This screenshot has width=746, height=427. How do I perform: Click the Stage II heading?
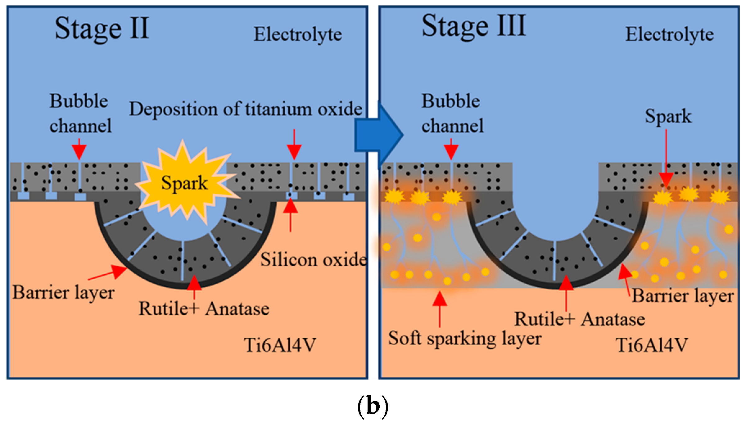click(x=102, y=29)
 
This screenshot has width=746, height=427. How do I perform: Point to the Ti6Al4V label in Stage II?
click(x=280, y=345)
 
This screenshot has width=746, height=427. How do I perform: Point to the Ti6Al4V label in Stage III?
click(x=652, y=345)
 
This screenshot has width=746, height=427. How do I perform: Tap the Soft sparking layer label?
click(x=464, y=338)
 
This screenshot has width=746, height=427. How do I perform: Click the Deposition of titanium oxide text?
click(x=246, y=109)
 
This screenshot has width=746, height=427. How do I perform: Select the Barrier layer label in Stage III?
click(x=683, y=296)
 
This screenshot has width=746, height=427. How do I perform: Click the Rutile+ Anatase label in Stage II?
click(x=204, y=309)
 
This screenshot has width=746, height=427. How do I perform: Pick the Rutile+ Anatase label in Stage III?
click(x=579, y=319)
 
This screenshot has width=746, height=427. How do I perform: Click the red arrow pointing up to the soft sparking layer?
click(x=440, y=309)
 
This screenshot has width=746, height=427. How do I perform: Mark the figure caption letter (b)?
click(x=373, y=407)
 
